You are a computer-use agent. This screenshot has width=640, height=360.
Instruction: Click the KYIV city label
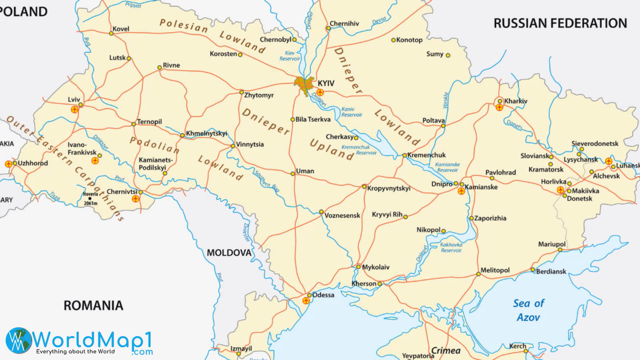[x=326, y=83]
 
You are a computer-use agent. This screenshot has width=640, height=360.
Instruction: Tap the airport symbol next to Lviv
[x=74, y=109]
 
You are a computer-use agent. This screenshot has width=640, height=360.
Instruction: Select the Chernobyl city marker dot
[x=294, y=40]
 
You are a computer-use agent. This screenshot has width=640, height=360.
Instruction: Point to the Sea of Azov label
[x=528, y=310]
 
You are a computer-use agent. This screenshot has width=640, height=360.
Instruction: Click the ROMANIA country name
[x=93, y=305]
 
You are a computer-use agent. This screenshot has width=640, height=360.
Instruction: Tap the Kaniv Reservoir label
[x=351, y=112]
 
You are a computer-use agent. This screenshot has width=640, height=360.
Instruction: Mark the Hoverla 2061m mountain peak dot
[x=90, y=198]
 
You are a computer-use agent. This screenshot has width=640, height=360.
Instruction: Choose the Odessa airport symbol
[x=306, y=301]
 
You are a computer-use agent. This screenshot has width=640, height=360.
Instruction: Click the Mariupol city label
[x=552, y=244]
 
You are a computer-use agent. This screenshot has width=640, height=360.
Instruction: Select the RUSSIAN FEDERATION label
[x=560, y=23]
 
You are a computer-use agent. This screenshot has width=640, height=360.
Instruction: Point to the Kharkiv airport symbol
[x=499, y=107]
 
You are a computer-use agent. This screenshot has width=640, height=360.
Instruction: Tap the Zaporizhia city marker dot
[x=471, y=218]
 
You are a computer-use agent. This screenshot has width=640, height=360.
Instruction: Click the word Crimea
[x=446, y=351]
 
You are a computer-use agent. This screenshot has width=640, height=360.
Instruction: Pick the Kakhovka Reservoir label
[x=451, y=247]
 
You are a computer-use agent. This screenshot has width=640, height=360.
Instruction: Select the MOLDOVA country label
[x=229, y=253]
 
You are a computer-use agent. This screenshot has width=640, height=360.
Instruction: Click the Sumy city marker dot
[x=448, y=55]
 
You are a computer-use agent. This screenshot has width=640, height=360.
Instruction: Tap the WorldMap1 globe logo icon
[x=19, y=340]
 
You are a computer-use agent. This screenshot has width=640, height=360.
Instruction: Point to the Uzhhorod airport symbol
[x=8, y=164]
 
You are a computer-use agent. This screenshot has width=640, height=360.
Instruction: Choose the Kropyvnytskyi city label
[x=389, y=188]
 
